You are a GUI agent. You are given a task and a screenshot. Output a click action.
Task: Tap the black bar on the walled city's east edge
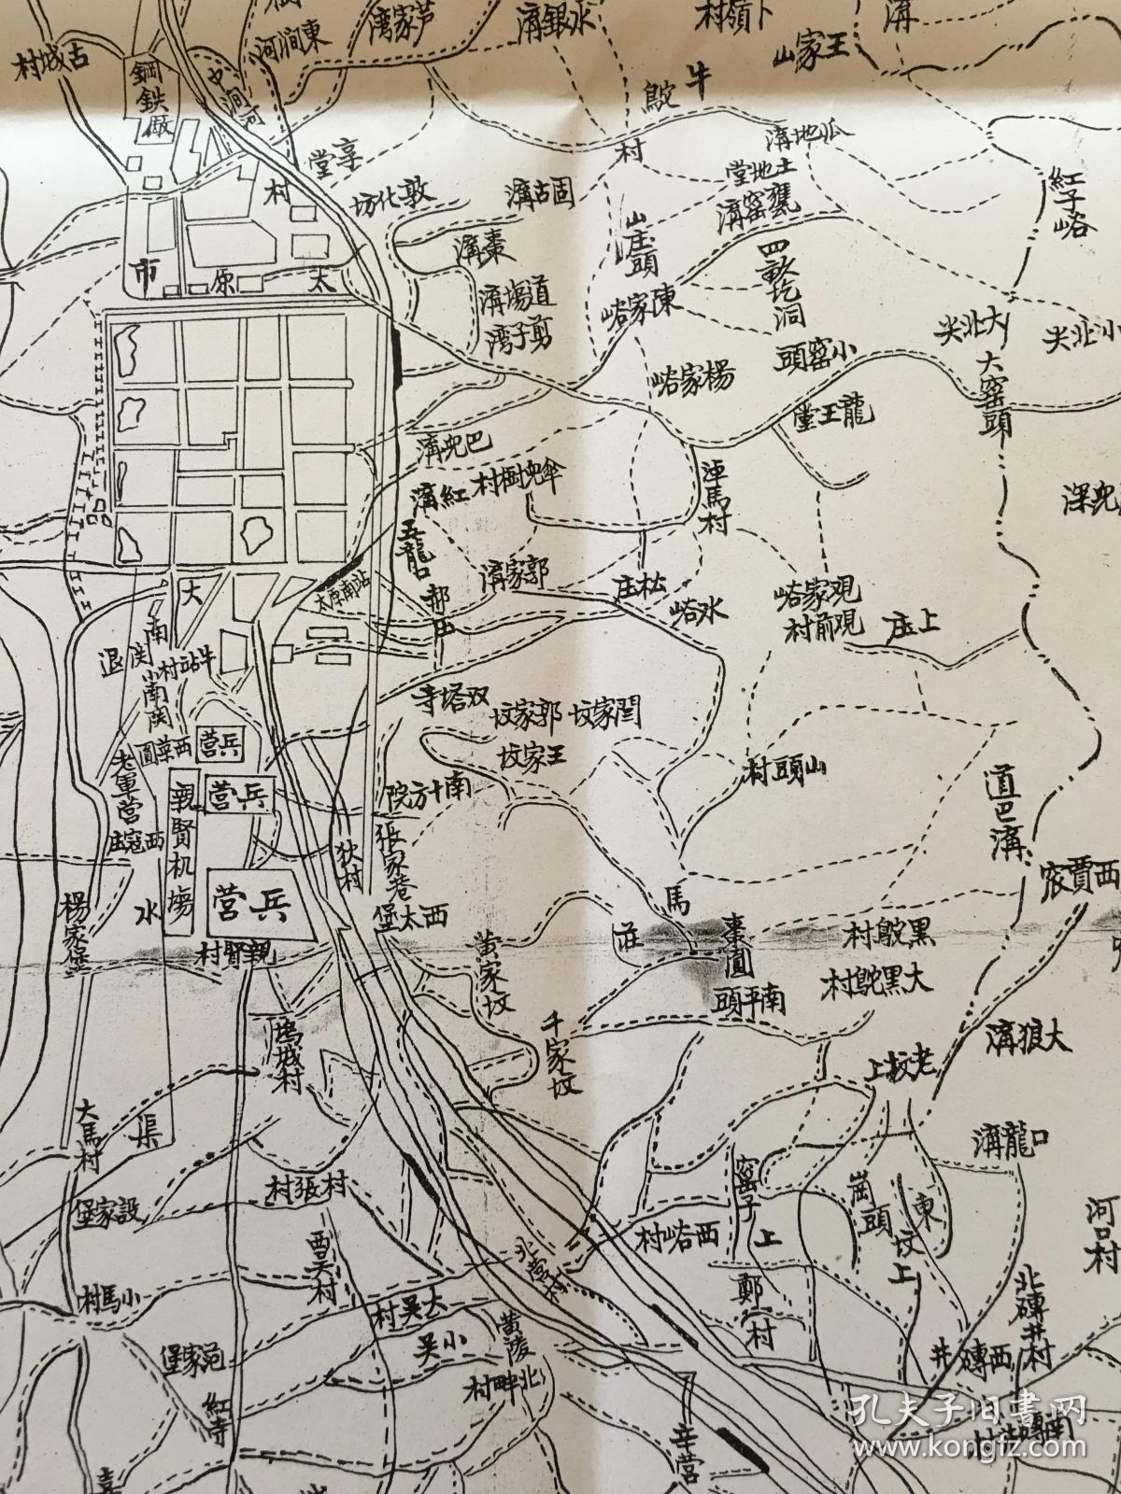[x=399, y=352]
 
